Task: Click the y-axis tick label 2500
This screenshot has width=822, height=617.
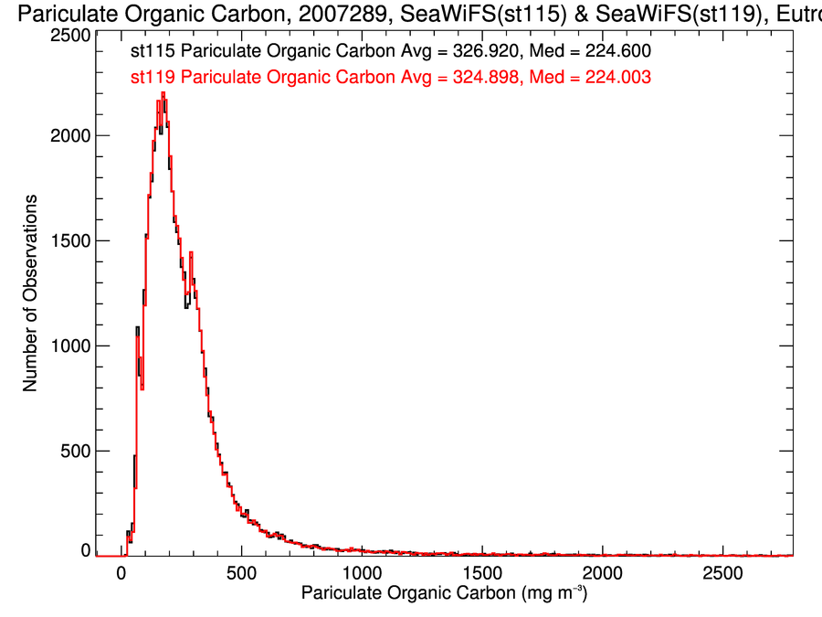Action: tap(70, 35)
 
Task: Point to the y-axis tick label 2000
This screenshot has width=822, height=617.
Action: tap(70, 135)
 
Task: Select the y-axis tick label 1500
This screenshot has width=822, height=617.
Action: tap(70, 240)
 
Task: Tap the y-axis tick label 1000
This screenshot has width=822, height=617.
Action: tap(70, 346)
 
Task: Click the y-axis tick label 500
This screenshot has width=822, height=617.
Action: tap(75, 451)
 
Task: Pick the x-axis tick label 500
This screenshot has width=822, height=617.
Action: tap(241, 573)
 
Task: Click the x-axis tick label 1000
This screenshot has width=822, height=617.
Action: tap(362, 573)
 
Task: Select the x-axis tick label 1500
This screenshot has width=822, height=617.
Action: tap(482, 573)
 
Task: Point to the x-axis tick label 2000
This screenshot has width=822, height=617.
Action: tap(603, 573)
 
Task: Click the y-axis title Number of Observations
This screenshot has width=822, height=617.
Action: tap(30, 293)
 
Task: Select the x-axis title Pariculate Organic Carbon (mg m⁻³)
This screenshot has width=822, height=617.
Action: tap(444, 594)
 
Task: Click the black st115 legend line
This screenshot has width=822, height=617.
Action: tap(391, 53)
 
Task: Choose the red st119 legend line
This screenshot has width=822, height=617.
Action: tap(391, 78)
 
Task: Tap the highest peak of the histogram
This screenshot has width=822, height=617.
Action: tap(163, 93)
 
